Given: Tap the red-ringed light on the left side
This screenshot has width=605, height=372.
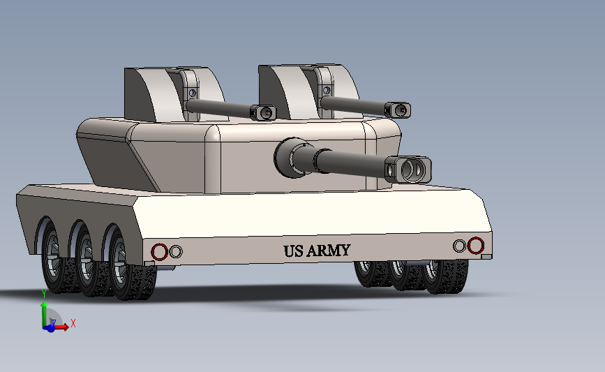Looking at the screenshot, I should pyautogui.click(x=160, y=251).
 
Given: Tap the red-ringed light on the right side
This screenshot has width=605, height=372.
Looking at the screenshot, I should pyautogui.click(x=476, y=245).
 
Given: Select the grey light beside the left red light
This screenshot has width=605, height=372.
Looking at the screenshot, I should pyautogui.click(x=176, y=251).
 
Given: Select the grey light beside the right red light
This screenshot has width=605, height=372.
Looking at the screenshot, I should pyautogui.click(x=459, y=246).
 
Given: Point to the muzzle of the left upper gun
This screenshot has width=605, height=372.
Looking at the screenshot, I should pyautogui.click(x=263, y=112).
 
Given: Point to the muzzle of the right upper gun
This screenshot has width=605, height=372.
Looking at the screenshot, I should pyautogui.click(x=400, y=110).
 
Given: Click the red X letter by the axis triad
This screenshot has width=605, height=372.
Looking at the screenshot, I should pyautogui.click(x=73, y=323).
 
